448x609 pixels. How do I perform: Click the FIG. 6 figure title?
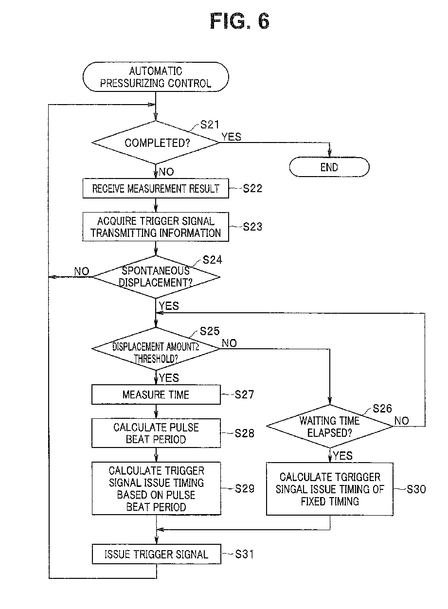[x=239, y=21]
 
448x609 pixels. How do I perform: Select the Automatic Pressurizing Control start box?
[x=156, y=77]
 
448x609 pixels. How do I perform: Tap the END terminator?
[x=329, y=167]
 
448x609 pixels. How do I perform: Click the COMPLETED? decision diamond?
[x=156, y=143]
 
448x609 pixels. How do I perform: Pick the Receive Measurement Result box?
[x=156, y=188]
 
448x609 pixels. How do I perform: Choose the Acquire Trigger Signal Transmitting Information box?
[x=156, y=227]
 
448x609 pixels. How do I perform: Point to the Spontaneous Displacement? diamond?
[x=156, y=277]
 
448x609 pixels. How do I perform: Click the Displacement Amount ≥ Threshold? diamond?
[x=156, y=349]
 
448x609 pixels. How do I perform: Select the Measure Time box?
[x=156, y=394]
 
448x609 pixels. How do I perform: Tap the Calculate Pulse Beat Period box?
[x=156, y=433]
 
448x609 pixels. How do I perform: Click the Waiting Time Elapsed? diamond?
[x=330, y=426]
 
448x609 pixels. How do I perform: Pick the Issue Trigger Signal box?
[x=156, y=554]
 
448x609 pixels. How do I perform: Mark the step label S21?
[x=210, y=125]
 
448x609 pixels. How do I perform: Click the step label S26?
[x=382, y=409]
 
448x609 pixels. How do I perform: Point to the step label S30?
[x=416, y=489]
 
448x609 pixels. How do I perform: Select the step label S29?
[x=245, y=488]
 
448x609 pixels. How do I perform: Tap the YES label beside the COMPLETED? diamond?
[x=232, y=137]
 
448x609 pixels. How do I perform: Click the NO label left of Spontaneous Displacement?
[x=82, y=271]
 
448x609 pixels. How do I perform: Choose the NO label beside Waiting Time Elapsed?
[x=401, y=421]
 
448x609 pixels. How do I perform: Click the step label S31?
[x=244, y=554]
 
